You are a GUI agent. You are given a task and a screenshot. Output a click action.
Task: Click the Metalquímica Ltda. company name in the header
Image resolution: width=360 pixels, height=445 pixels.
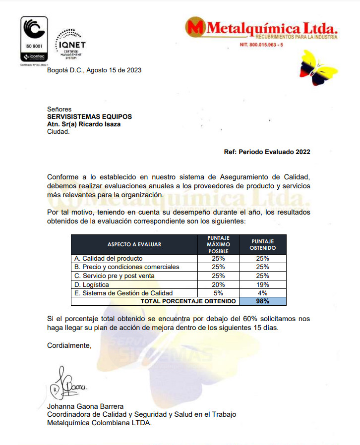pyautogui.click(x=263, y=27)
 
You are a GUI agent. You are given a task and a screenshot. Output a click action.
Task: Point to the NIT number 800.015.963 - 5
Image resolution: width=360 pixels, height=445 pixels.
pyautogui.click(x=261, y=45)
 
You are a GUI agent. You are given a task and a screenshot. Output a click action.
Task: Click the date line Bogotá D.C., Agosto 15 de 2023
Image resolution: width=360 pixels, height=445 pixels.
pyautogui.click(x=94, y=70)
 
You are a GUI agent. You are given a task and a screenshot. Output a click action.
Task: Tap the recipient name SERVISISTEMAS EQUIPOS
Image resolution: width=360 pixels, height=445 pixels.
pyautogui.click(x=89, y=116)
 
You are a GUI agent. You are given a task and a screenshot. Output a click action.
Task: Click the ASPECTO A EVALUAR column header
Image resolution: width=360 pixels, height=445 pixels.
pyautogui.click(x=134, y=244)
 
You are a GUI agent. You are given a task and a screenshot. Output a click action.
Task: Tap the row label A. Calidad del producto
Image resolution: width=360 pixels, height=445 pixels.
pyautogui.click(x=108, y=258)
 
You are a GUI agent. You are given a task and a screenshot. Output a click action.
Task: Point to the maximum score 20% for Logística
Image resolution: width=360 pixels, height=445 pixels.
pyautogui.click(x=218, y=284)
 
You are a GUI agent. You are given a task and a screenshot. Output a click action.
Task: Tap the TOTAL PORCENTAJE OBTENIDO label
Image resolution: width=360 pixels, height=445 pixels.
pyautogui.click(x=188, y=301)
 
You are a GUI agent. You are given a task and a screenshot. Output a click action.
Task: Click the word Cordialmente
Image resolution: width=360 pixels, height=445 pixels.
pyautogui.click(x=69, y=345)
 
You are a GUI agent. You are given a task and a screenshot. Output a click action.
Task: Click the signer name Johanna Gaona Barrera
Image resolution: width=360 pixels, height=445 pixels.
pyautogui.click(x=85, y=406)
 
